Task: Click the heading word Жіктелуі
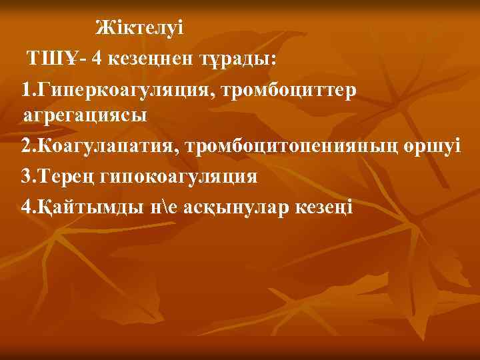tap(138, 28)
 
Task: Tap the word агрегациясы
tap(85, 115)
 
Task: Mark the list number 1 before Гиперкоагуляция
tap(25, 89)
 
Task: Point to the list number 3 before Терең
tap(25, 176)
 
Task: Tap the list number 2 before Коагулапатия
tap(25, 145)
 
